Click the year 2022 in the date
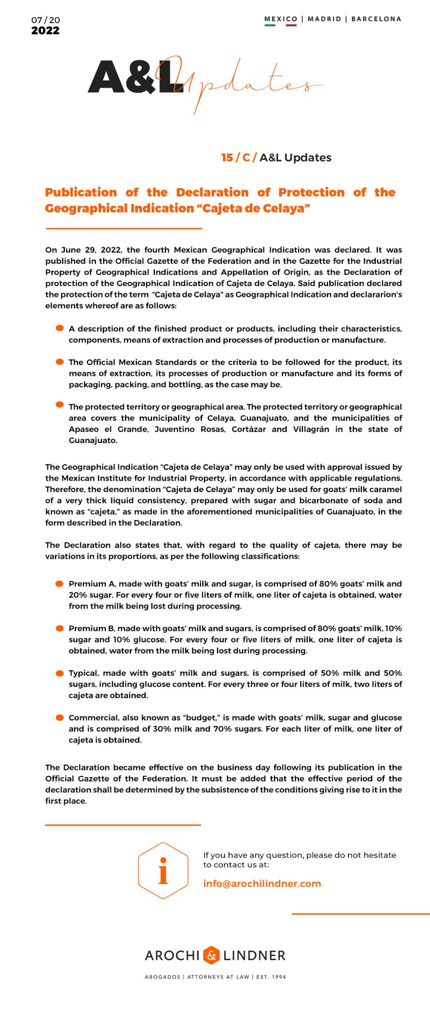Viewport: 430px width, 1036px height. tap(45, 31)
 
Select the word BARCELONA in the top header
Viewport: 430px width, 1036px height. tap(376, 19)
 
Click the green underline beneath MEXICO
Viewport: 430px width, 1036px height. tap(270, 25)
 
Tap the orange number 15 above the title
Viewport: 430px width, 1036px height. tap(227, 158)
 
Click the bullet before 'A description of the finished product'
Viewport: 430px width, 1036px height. tap(60, 328)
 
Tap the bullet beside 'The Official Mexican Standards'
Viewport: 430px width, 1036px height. tap(60, 362)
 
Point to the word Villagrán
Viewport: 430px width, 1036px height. tap(311, 429)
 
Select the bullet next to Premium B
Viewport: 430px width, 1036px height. tap(60, 628)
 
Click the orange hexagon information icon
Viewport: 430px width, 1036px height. tap(163, 871)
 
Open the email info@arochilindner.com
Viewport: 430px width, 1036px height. tap(262, 884)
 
